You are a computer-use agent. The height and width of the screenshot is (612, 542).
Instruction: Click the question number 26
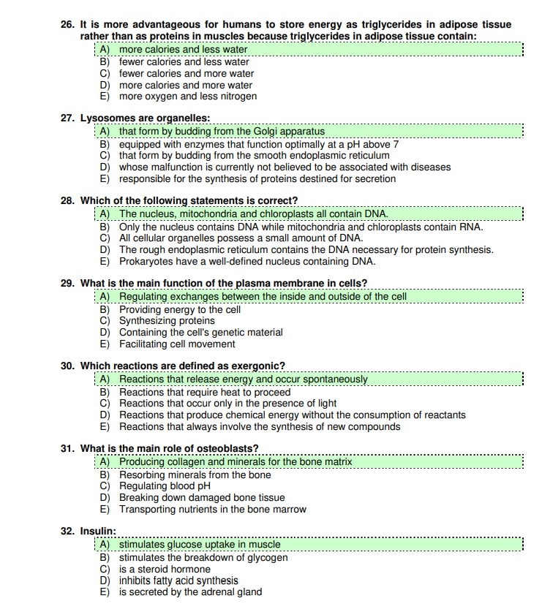(68, 25)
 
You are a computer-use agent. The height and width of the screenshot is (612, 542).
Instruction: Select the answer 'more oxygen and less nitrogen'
(187, 97)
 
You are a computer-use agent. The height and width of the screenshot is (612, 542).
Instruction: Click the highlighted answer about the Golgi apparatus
(222, 132)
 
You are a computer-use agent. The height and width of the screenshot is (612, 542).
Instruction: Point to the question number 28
(68, 200)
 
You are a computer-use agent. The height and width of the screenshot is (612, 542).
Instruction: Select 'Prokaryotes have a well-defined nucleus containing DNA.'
(247, 262)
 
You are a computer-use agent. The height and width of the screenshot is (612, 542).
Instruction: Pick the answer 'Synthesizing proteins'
(167, 321)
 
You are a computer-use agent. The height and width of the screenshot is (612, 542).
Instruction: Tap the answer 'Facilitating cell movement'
(177, 344)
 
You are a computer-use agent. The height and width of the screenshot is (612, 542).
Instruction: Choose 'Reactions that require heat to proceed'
(205, 392)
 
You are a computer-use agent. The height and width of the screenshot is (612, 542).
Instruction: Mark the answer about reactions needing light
(227, 404)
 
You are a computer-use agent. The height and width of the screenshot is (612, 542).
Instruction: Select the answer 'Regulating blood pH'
(165, 486)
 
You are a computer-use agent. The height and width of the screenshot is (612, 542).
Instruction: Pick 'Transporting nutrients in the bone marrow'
(213, 510)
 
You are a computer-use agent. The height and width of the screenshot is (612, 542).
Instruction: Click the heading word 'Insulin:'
(98, 531)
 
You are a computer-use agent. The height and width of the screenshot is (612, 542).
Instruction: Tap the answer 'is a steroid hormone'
(165, 569)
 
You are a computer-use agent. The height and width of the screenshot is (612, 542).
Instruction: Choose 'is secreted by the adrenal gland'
(190, 592)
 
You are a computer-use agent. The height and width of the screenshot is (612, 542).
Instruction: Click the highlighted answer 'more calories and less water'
(183, 50)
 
